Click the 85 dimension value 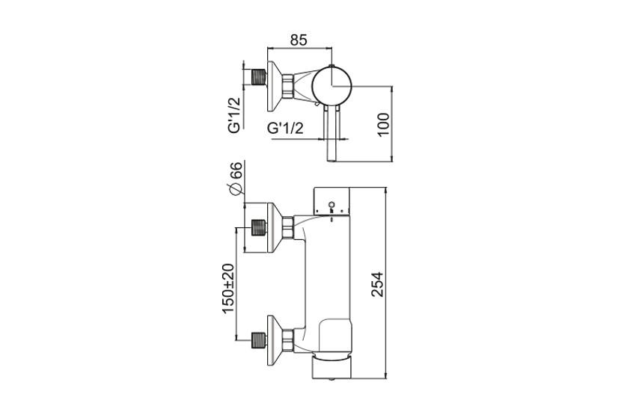299,40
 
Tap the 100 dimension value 383,125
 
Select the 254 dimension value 378,284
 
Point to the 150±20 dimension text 228,288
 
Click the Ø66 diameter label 235,179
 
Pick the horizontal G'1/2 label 285,129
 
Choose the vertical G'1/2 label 235,115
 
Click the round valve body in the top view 332,86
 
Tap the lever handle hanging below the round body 332,135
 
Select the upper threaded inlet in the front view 259,228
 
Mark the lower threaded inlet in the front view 259,340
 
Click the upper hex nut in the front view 288,228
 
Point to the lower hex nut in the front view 288,340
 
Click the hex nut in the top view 287,85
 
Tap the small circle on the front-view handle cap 331,204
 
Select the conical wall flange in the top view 275,85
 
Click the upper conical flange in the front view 275,228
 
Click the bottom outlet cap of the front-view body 332,368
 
